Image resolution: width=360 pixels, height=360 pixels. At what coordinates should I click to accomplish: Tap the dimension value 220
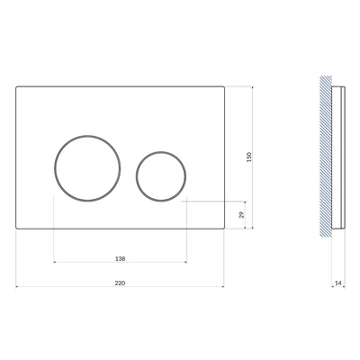click(120, 283)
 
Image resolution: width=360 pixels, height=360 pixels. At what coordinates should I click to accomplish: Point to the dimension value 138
click(120, 258)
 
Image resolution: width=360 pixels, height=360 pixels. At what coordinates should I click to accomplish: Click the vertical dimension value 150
click(248, 157)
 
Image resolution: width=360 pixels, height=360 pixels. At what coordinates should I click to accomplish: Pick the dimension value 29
click(242, 215)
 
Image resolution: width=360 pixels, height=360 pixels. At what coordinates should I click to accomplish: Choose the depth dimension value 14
click(338, 283)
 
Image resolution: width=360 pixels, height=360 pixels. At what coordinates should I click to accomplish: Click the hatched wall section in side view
click(326, 156)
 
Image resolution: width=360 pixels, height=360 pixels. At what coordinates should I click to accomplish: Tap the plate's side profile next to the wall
click(338, 157)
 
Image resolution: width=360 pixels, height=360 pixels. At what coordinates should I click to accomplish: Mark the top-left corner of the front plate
click(16, 86)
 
